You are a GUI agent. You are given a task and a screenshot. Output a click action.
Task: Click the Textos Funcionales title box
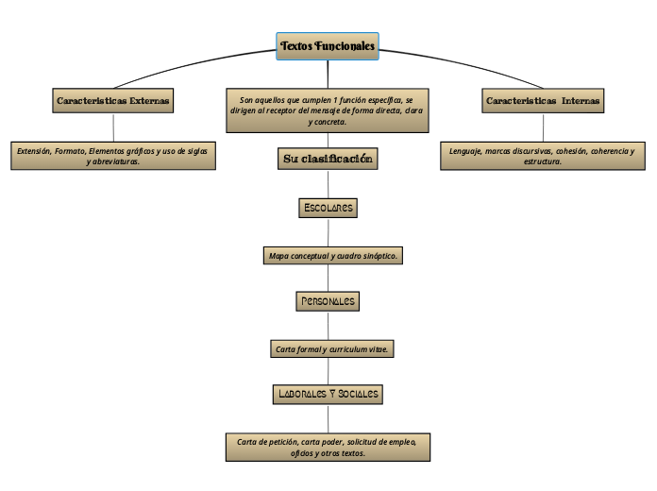click(328, 46)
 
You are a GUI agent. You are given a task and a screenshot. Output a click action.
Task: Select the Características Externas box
click(113, 100)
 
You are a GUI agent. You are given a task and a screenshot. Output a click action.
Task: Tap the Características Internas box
click(543, 100)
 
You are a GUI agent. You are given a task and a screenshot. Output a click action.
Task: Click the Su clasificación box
click(328, 159)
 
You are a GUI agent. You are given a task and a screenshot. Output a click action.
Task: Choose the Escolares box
click(328, 207)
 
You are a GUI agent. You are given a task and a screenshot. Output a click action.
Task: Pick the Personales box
click(328, 301)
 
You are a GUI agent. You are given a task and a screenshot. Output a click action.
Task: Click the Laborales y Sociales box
click(328, 394)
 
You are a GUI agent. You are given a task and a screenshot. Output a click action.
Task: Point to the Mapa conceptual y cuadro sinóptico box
click(334, 256)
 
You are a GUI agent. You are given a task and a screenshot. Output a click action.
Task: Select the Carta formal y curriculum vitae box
click(332, 349)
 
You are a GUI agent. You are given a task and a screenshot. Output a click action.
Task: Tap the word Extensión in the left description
click(33, 150)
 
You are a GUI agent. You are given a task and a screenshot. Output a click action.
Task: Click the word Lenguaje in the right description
click(466, 150)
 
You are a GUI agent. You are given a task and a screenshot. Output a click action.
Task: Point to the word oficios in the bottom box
click(305, 453)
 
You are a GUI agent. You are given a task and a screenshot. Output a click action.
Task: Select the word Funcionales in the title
click(345, 46)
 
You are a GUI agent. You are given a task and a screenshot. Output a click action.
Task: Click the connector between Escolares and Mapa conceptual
click(328, 231)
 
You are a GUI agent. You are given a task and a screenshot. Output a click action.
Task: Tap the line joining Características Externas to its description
click(113, 127)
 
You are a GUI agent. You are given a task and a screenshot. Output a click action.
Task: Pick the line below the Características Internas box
click(543, 127)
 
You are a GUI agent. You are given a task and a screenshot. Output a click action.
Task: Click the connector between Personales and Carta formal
click(328, 325)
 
